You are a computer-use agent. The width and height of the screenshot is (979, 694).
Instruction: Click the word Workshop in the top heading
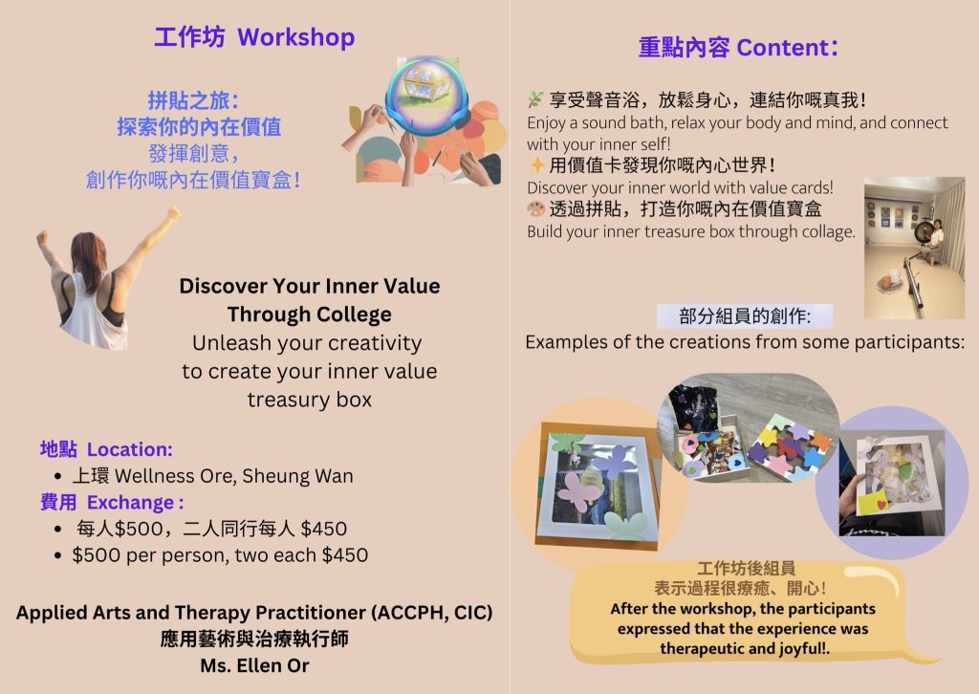296,37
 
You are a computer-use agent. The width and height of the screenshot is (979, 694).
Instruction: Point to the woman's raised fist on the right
173,213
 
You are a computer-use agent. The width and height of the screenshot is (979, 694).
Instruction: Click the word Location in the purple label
129,449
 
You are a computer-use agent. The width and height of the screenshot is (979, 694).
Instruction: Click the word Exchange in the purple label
130,503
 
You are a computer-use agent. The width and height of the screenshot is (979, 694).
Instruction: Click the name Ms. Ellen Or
254,666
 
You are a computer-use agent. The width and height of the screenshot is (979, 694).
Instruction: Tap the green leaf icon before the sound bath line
535,99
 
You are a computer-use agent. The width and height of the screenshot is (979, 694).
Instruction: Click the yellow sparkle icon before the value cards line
535,165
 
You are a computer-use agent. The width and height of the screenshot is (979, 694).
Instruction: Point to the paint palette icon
535,208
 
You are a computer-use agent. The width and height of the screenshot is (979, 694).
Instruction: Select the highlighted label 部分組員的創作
745,316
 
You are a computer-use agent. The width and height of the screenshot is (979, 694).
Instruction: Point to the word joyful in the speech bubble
800,649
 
